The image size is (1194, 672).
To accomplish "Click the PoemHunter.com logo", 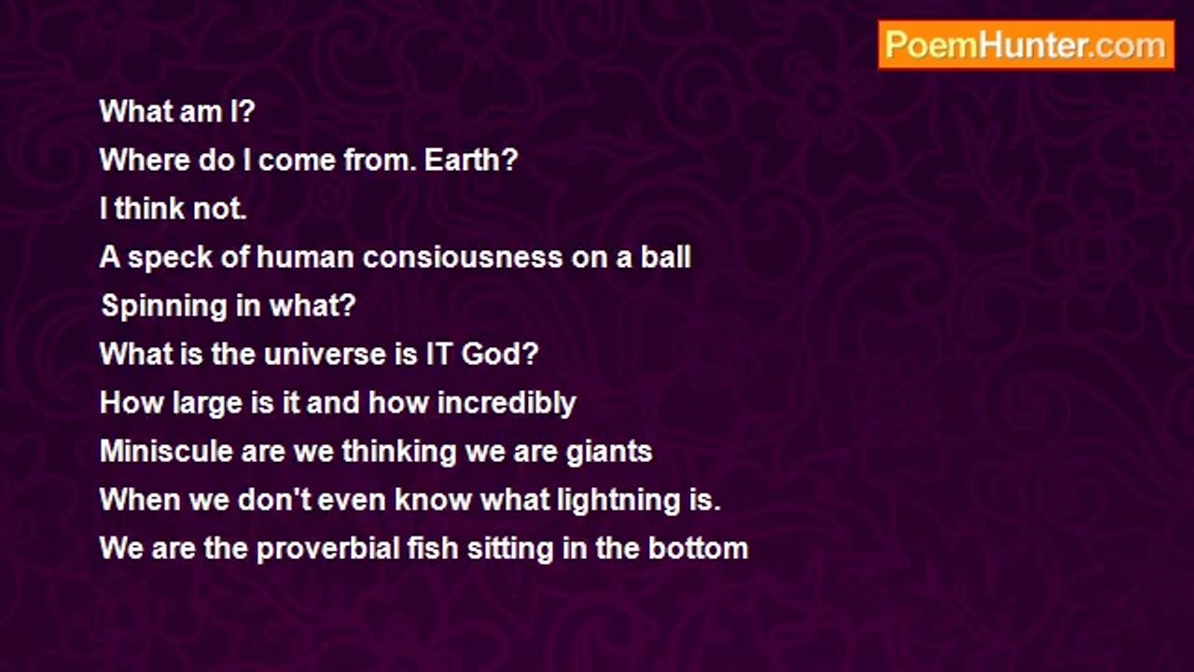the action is [x=1026, y=45].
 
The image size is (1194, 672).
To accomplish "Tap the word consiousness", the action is [x=463, y=257].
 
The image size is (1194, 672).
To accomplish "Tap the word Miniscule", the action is [x=166, y=451].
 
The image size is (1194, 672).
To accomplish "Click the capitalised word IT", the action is [x=439, y=354].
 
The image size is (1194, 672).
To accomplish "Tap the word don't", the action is [x=273, y=499].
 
